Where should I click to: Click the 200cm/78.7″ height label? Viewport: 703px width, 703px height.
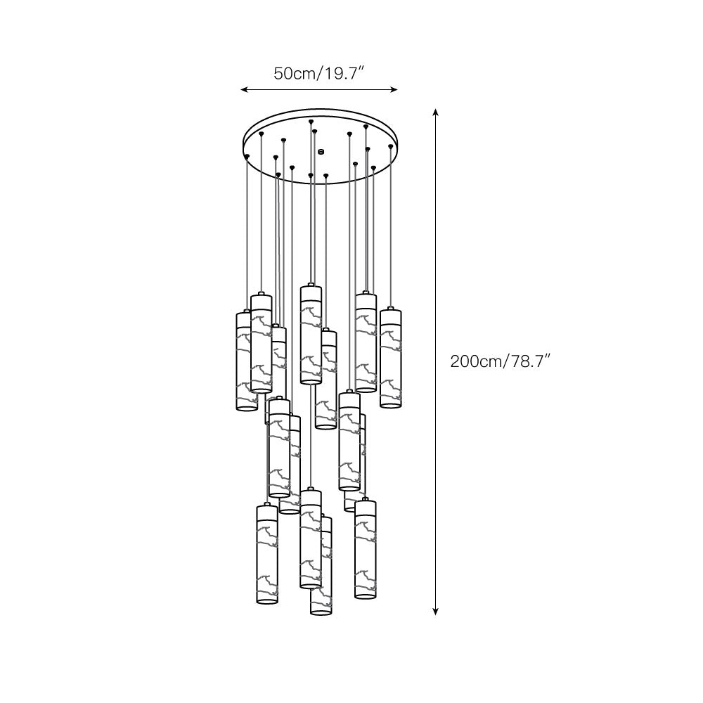500,362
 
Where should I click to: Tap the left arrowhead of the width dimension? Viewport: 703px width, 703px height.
243,90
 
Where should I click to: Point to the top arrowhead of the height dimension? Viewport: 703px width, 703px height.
436,112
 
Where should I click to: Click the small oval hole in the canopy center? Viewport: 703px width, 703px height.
321,150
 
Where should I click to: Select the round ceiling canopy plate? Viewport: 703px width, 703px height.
320,144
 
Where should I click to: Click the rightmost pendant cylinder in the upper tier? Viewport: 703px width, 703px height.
391,359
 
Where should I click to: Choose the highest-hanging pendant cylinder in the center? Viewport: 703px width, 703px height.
310,334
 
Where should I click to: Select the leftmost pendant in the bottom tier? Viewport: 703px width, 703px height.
267,555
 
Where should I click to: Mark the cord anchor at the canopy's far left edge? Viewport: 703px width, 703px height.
247,155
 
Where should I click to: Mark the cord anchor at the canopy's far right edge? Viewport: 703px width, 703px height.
391,146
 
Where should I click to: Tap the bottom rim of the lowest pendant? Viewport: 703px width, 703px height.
320,612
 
